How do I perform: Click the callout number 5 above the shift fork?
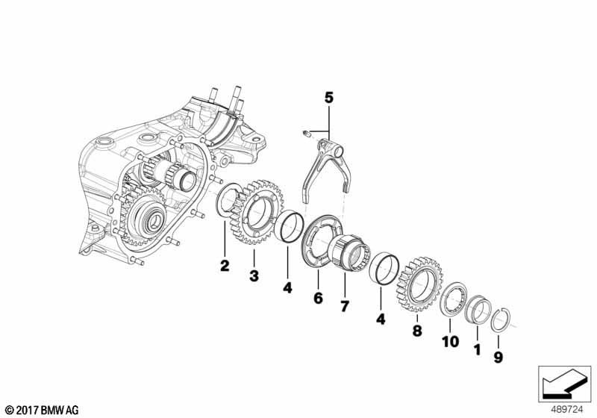pyautogui.click(x=328, y=97)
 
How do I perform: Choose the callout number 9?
pyautogui.click(x=499, y=358)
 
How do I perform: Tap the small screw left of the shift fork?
pyautogui.click(x=306, y=134)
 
